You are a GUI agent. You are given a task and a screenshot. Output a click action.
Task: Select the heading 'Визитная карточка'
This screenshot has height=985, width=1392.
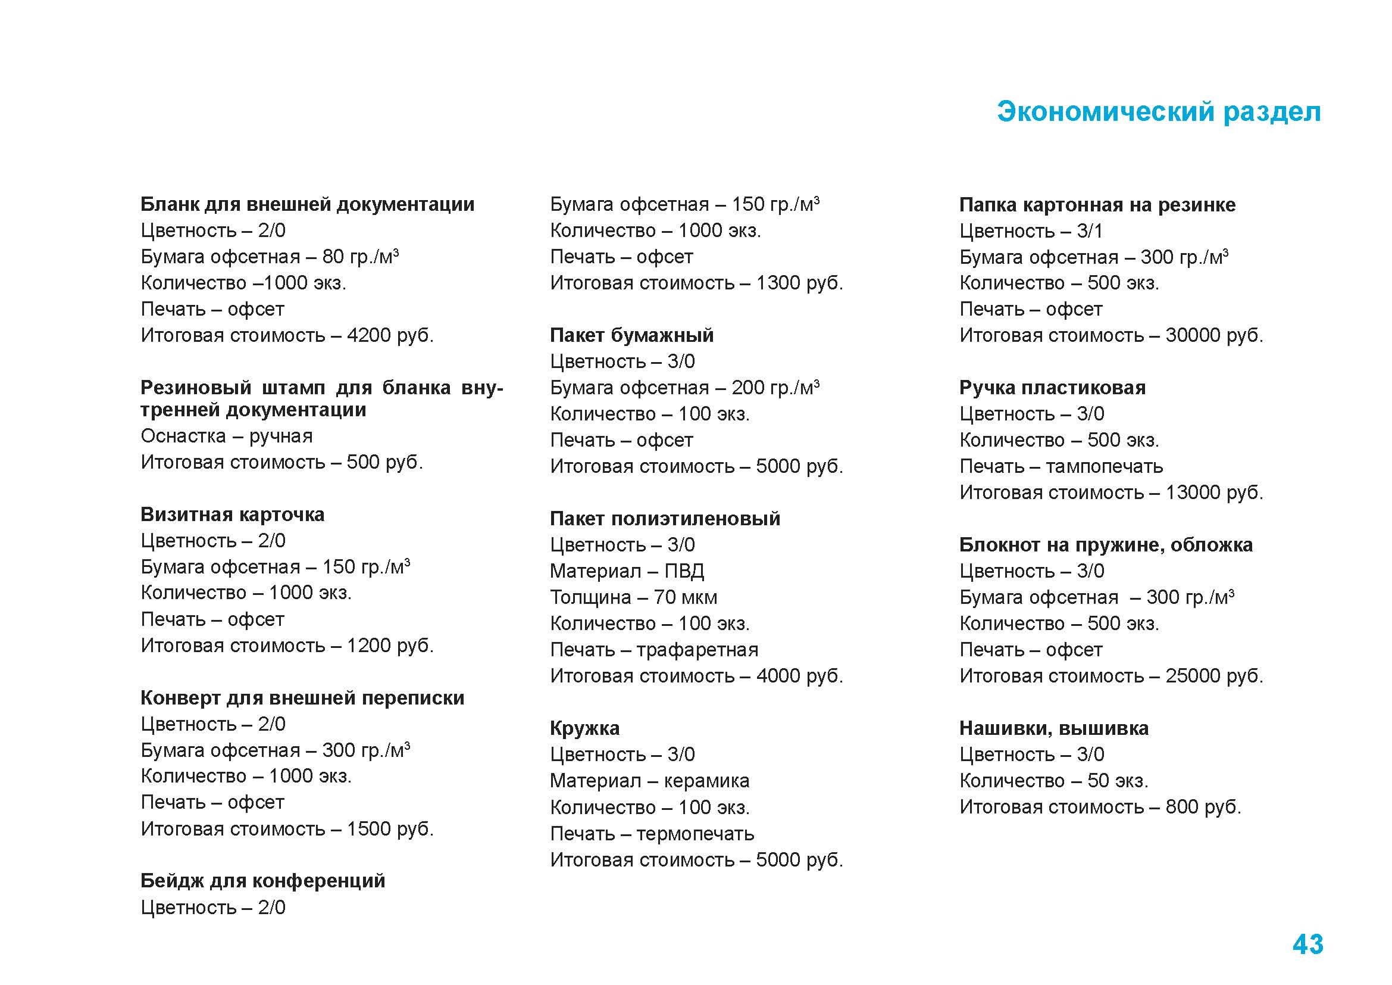coord(232,515)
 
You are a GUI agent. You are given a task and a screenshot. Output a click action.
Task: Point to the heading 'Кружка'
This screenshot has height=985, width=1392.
coord(584,728)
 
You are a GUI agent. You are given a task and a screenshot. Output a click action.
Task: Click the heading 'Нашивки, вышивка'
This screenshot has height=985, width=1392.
coord(1053,728)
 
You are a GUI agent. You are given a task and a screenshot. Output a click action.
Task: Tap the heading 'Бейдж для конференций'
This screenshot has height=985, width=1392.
coord(262,880)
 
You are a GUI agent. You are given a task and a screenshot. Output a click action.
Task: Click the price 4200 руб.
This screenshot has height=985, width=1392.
coord(390,335)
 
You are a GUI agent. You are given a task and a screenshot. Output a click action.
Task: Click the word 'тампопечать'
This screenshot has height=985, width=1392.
coord(1104,466)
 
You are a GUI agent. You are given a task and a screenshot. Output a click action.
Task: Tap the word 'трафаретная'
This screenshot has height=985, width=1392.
coord(697,650)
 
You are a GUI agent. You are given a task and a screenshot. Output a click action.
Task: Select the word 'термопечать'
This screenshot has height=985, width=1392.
coord(695,833)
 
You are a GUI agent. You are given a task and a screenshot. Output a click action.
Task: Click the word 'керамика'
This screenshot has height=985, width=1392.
coord(706,781)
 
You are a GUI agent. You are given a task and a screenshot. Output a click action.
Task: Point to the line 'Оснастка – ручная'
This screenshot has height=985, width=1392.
coord(227,436)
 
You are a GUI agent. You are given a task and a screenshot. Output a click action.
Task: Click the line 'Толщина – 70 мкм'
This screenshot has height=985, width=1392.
coord(633,597)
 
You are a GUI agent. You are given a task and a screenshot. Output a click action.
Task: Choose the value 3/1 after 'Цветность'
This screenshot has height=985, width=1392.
coord(1090,231)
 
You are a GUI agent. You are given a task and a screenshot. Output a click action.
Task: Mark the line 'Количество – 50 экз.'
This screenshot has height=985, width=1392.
coord(1053,781)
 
